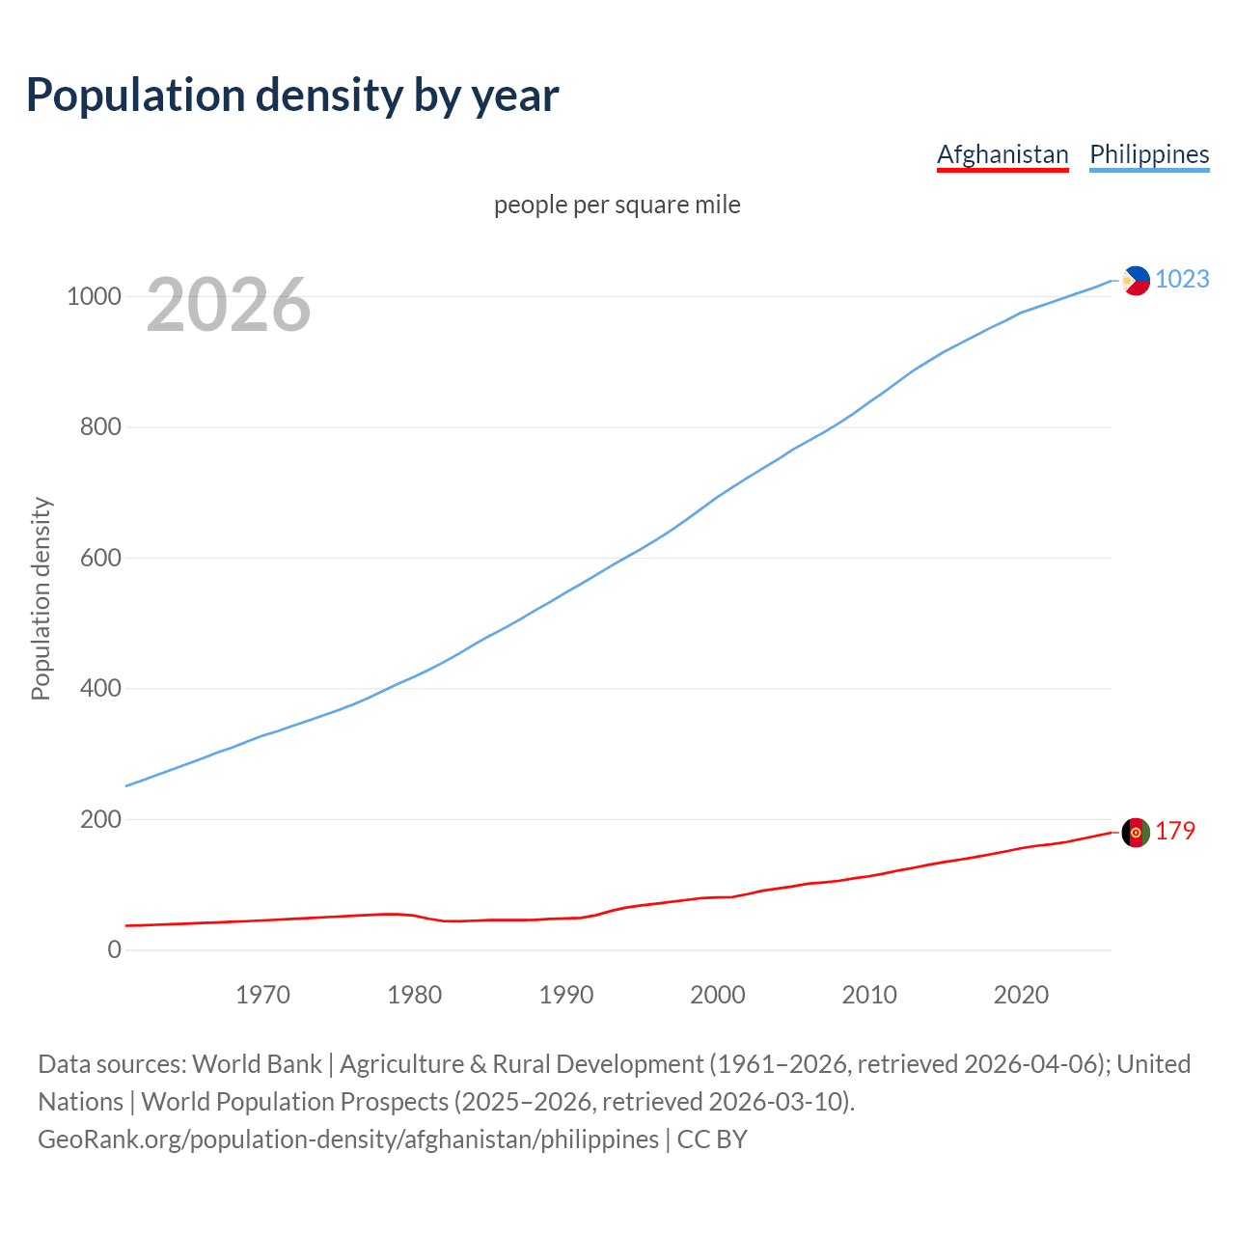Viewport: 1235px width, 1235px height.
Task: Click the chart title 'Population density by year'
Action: [292, 96]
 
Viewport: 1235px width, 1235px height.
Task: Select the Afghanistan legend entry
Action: [1002, 154]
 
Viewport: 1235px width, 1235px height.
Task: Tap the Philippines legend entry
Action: [1149, 154]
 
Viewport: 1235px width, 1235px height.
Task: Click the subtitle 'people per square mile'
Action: [617, 205]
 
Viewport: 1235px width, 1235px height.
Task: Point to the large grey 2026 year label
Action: [229, 305]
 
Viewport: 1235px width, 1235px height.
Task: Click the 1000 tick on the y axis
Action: [94, 296]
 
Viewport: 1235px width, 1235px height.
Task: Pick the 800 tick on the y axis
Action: [100, 426]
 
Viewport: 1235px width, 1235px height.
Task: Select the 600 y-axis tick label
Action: [100, 558]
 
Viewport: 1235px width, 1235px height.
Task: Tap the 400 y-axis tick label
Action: [100, 688]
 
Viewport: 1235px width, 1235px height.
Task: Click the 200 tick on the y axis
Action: [100, 819]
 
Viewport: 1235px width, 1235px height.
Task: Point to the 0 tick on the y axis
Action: [115, 949]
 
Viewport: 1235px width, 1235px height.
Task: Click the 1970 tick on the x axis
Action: [262, 995]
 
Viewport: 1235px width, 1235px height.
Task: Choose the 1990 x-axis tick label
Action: [566, 995]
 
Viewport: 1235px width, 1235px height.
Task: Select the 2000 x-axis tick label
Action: [718, 995]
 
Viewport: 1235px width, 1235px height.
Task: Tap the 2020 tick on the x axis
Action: [1021, 995]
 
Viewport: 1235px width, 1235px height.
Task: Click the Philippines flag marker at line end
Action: [1136, 281]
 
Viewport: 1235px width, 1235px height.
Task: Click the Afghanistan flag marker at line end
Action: [1136, 832]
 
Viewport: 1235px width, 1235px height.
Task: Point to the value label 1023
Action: [1182, 279]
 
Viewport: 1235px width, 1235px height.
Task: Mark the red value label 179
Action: [1175, 831]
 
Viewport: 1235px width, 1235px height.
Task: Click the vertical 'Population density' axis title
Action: [41, 598]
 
